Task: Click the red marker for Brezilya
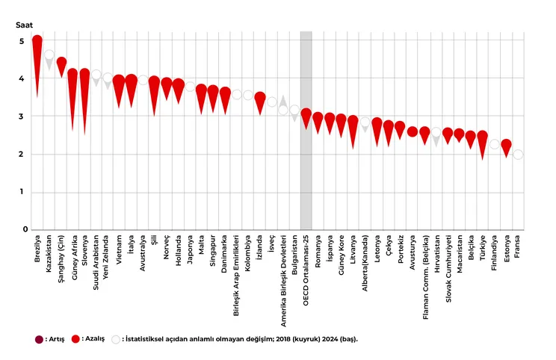37,43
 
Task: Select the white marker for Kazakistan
49,57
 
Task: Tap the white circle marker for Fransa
518,155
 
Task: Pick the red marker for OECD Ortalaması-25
306,115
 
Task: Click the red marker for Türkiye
482,137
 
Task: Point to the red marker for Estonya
506,145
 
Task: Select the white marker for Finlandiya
494,144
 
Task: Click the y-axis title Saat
24,24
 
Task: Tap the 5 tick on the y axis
24,41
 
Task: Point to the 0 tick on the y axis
24,230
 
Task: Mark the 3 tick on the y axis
24,117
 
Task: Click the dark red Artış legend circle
40,338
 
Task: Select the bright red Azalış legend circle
75,338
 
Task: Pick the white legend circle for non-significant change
116,338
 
